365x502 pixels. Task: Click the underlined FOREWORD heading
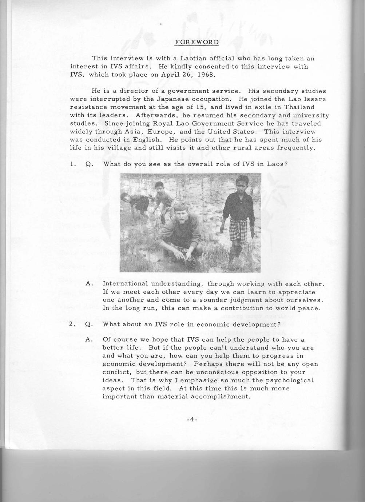[x=197, y=42]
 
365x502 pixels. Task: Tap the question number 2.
[x=72, y=324]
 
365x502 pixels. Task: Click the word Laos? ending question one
[x=277, y=164]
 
